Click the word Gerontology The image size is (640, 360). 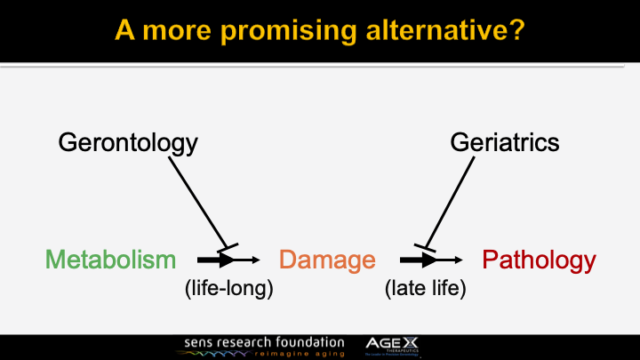pyautogui.click(x=128, y=141)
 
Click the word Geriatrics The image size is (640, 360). pyautogui.click(x=505, y=141)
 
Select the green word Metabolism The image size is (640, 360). pyautogui.click(x=110, y=260)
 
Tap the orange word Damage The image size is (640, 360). pyautogui.click(x=327, y=260)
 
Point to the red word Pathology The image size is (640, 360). pyautogui.click(x=539, y=260)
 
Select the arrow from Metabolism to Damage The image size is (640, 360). pyautogui.click(x=228, y=260)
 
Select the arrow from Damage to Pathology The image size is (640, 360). pyautogui.click(x=430, y=260)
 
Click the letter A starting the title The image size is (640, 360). pyautogui.click(x=125, y=33)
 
